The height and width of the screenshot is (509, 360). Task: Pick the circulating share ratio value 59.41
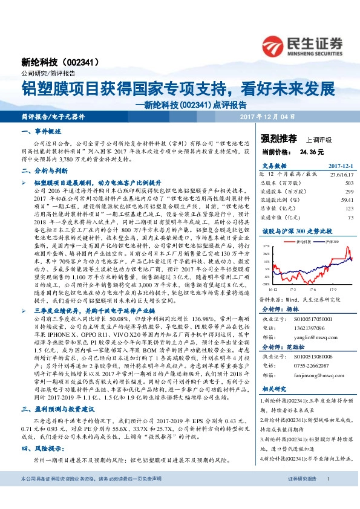pos(345,199)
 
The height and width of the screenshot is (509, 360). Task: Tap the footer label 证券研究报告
pos(303,495)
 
